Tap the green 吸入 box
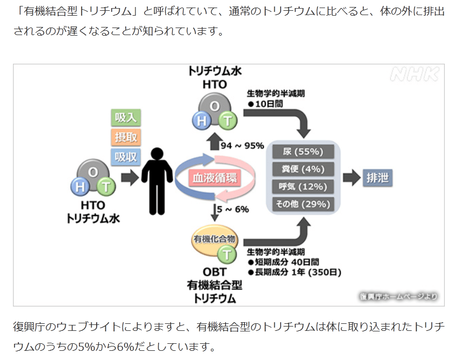(126, 118)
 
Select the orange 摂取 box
(126, 137)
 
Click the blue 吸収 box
(126, 157)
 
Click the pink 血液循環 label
(214, 178)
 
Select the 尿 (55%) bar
(303, 151)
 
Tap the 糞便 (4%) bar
(303, 169)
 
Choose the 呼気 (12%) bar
(303, 187)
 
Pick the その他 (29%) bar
(303, 204)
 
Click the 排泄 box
(377, 178)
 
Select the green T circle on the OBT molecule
(228, 253)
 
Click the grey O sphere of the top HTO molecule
(214, 105)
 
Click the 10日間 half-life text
(268, 103)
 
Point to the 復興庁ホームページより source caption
(398, 296)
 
